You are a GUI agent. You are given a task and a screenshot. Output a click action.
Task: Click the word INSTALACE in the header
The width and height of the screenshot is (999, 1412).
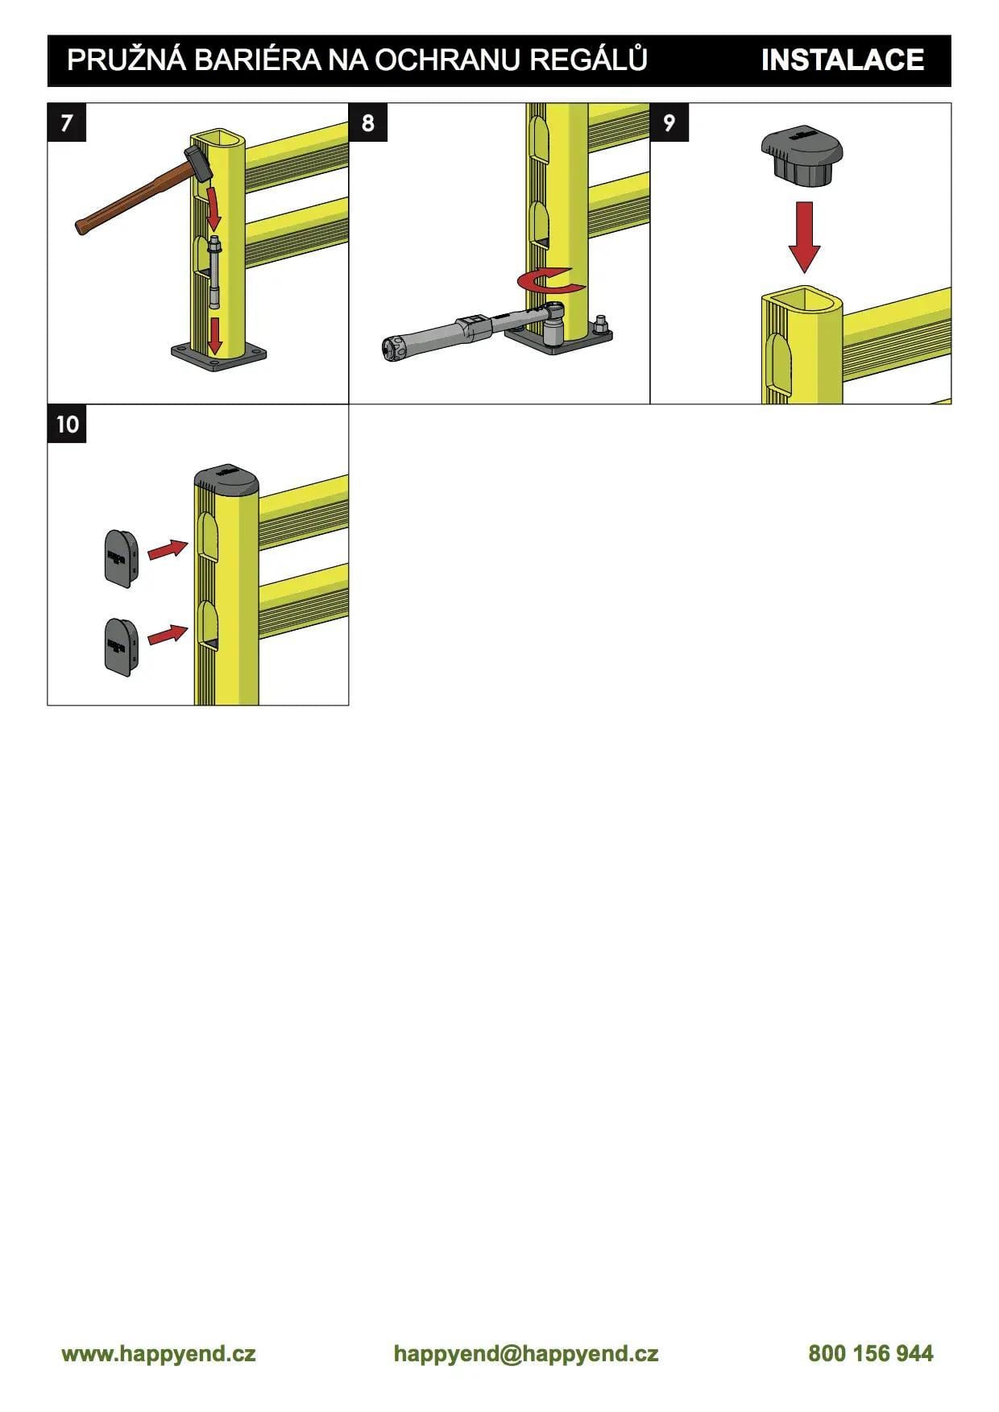(x=842, y=60)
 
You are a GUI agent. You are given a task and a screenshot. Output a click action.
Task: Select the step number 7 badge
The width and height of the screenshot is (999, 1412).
(x=67, y=122)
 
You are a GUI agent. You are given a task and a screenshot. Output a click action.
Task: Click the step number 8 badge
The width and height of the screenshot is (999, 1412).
(x=368, y=122)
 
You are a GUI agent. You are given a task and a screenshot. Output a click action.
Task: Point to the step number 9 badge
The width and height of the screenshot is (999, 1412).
(x=669, y=122)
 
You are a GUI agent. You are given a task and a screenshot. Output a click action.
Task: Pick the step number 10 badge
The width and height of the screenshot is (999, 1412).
(x=67, y=424)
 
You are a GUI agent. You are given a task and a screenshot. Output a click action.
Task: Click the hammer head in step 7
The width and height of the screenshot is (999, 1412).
(x=198, y=163)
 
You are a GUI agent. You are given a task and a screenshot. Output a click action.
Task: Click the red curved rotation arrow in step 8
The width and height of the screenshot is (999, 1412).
(x=550, y=282)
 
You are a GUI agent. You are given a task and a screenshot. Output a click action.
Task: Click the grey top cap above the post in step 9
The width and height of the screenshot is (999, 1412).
(x=802, y=157)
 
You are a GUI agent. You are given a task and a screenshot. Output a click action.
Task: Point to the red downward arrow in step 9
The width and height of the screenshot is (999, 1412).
(x=804, y=237)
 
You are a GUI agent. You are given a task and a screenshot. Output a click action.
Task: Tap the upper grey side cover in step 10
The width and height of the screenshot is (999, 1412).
(x=121, y=558)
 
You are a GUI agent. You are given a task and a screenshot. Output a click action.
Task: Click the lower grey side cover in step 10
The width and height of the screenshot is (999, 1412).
(x=121, y=647)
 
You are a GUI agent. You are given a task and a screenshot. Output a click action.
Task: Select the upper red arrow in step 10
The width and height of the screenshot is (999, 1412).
(x=168, y=550)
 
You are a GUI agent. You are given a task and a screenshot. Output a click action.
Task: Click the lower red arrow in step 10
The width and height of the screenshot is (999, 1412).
(x=168, y=634)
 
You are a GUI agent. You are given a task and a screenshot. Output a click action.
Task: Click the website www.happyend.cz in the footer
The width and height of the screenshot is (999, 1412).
(x=159, y=1352)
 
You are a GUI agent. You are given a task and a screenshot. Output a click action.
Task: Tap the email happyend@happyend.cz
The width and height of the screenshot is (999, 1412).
(x=526, y=1353)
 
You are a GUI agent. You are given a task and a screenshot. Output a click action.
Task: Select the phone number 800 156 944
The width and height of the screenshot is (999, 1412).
(x=871, y=1352)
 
